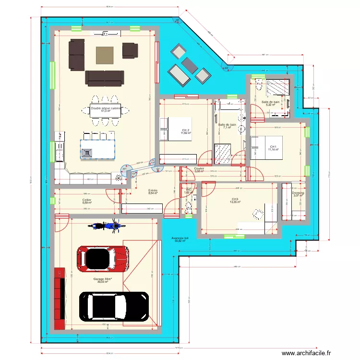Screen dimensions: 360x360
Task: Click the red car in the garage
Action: click(103, 259)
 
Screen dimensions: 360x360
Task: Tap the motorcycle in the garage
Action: click(104, 226)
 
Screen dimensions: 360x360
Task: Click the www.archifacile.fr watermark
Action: click(306, 353)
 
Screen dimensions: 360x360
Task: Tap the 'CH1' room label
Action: click(273, 146)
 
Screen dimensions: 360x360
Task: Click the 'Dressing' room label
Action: click(298, 193)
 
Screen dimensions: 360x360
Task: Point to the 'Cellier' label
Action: click(87, 200)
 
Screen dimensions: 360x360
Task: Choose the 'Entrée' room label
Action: click(153, 191)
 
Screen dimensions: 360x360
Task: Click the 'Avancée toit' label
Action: click(180, 238)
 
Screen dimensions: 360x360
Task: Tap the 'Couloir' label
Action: click(199, 168)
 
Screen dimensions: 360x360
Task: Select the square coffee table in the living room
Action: click(105, 55)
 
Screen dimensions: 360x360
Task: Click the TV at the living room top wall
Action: click(106, 33)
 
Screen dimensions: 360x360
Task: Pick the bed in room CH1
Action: click(267, 147)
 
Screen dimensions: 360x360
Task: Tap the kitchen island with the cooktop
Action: click(98, 149)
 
